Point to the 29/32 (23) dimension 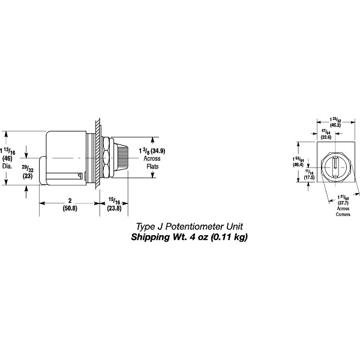28,172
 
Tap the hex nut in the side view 107,159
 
